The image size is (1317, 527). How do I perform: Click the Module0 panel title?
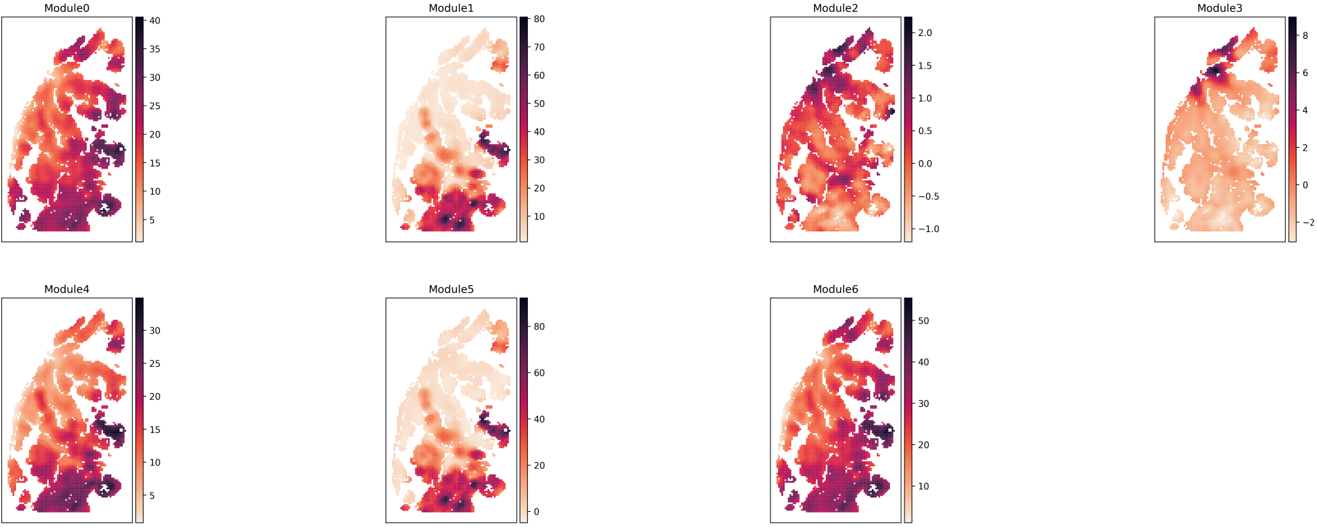click(66, 8)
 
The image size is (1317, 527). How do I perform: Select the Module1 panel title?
click(451, 8)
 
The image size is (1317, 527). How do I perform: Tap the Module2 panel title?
click(835, 8)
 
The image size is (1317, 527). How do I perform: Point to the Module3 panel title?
click(1219, 8)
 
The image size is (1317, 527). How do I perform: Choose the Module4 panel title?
click(66, 289)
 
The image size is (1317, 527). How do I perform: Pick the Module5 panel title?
click(451, 289)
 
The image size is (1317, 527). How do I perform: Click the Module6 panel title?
click(835, 289)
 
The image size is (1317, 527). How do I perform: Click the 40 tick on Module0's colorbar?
click(154, 21)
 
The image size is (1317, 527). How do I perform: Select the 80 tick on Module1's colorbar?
click(539, 19)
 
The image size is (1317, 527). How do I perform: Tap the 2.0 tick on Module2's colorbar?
click(925, 33)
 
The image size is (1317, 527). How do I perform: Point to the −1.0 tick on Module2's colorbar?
click(928, 229)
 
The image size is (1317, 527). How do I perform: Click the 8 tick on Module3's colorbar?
click(1305, 36)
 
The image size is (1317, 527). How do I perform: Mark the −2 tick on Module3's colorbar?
click(1307, 223)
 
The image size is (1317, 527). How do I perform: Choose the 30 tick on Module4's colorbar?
click(154, 331)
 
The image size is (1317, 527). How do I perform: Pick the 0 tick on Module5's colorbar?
click(536, 512)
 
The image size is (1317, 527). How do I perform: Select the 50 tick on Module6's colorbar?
click(923, 321)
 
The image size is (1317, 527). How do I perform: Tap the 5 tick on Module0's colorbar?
click(152, 220)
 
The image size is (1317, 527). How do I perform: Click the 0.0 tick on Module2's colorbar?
click(925, 164)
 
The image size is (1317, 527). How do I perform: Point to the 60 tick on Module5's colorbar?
click(539, 373)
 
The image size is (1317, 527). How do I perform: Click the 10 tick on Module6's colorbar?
click(923, 486)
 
